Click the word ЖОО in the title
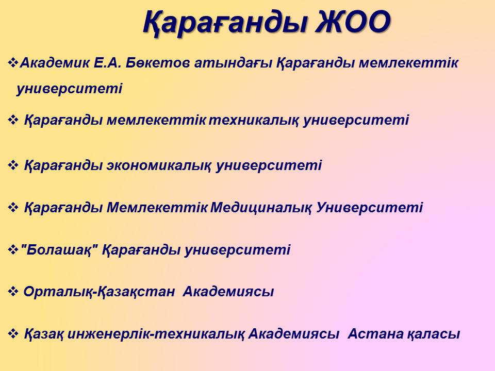(353, 22)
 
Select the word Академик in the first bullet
(55, 63)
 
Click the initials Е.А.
(107, 63)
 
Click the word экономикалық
(159, 166)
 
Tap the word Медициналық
(261, 208)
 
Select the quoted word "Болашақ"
(59, 250)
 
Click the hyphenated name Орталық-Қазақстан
(99, 292)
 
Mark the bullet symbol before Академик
(13, 62)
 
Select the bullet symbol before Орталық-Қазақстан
(13, 292)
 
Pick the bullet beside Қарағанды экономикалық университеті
(13, 165)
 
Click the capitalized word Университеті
(370, 208)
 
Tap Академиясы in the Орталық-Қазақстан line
(228, 292)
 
